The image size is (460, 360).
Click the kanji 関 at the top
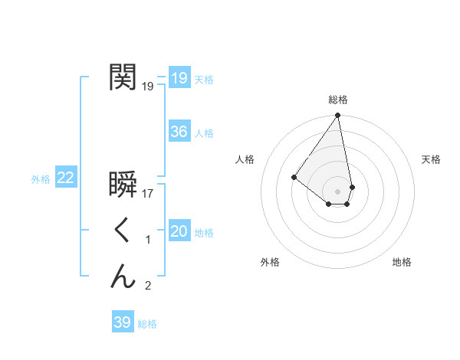click(123, 77)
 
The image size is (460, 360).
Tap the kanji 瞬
click(123, 185)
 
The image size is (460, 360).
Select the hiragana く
click(123, 231)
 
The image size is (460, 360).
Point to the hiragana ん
click(123, 277)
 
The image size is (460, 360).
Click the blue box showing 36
click(179, 132)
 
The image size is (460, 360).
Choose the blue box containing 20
click(179, 232)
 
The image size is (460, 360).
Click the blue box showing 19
click(179, 78)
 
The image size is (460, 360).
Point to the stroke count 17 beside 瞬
click(148, 194)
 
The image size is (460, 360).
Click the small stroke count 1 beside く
click(148, 240)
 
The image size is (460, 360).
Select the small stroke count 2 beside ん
click(148, 286)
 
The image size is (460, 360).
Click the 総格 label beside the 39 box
click(147, 324)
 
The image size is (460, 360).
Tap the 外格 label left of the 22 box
click(41, 179)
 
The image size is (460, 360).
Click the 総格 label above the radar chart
click(337, 100)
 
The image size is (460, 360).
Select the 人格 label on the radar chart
click(245, 159)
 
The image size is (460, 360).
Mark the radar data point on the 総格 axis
click(337, 116)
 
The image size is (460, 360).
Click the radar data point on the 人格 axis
click(294, 177)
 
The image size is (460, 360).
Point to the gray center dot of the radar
click(337, 191)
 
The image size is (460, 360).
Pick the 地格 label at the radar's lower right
click(402, 263)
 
